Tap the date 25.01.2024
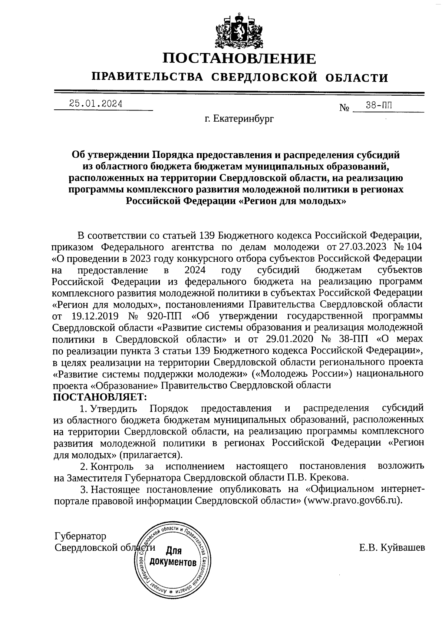[96, 104]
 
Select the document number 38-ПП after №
[378, 106]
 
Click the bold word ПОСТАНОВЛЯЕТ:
[100, 397]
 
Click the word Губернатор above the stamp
[80, 536]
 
